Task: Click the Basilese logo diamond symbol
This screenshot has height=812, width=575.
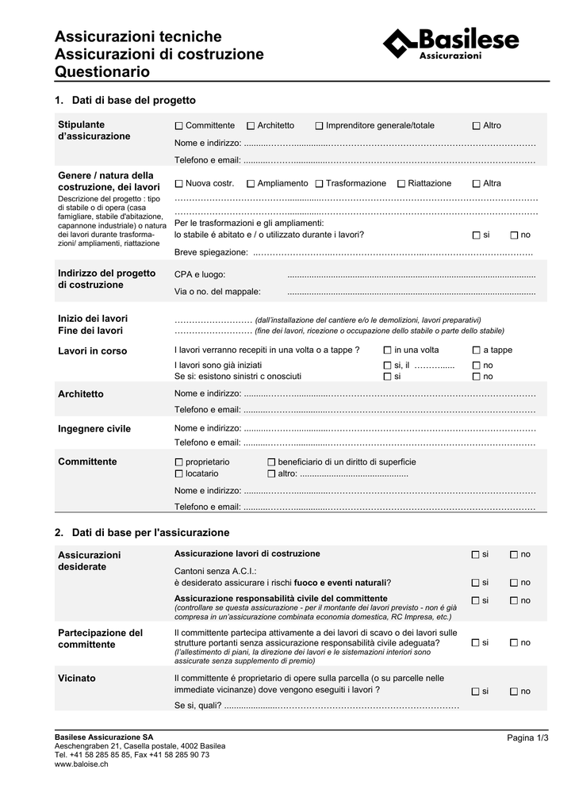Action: pos(400,42)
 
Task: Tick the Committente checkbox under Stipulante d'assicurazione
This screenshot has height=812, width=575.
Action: pos(179,126)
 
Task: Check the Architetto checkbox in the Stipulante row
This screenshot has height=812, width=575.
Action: pos(251,126)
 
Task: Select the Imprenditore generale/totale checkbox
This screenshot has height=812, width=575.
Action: pos(319,126)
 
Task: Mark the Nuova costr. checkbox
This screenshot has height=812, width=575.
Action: pos(179,184)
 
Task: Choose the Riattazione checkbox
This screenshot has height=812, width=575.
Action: pos(401,184)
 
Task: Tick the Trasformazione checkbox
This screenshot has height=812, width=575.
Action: pos(319,184)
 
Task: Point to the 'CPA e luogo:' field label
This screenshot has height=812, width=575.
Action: pos(200,274)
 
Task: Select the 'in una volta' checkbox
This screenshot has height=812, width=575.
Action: pos(387,350)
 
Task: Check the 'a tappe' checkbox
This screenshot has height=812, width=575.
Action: pos(476,350)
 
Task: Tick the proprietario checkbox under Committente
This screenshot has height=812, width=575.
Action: pos(179,462)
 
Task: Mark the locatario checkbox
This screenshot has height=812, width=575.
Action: pos(179,473)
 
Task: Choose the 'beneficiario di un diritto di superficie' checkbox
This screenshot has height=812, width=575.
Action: pos(271,462)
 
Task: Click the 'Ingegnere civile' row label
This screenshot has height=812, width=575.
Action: pos(94,429)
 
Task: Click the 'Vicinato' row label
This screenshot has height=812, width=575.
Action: pos(77,679)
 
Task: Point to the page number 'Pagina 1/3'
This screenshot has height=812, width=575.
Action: pos(527,738)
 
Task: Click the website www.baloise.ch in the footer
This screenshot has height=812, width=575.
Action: pos(81,764)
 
